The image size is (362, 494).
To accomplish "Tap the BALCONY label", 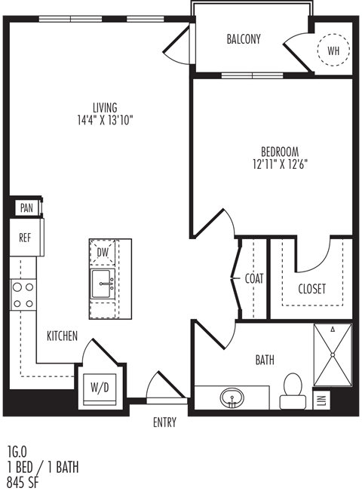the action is (244, 39).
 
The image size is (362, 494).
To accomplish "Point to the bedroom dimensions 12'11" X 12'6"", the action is (280, 164).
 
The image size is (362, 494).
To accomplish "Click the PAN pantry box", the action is (26, 208).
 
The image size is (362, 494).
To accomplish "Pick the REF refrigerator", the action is (25, 238).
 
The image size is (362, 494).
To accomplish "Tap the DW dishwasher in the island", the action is (103, 252).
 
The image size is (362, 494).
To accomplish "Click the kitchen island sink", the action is (103, 284).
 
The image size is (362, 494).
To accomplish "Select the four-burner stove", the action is (23, 296).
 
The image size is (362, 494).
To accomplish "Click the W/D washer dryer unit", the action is (100, 389).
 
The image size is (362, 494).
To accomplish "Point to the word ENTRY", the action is (164, 422).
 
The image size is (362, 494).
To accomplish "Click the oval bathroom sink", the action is (232, 398).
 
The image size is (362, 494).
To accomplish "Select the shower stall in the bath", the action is (333, 354).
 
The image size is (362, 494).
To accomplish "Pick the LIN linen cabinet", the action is (322, 400).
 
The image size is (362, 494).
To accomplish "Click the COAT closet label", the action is (254, 278).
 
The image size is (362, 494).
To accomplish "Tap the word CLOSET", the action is (312, 289).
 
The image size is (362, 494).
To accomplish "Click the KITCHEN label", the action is (62, 336).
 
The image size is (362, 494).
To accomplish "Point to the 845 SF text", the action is (23, 483).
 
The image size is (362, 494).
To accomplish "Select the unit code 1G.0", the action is (17, 452).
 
